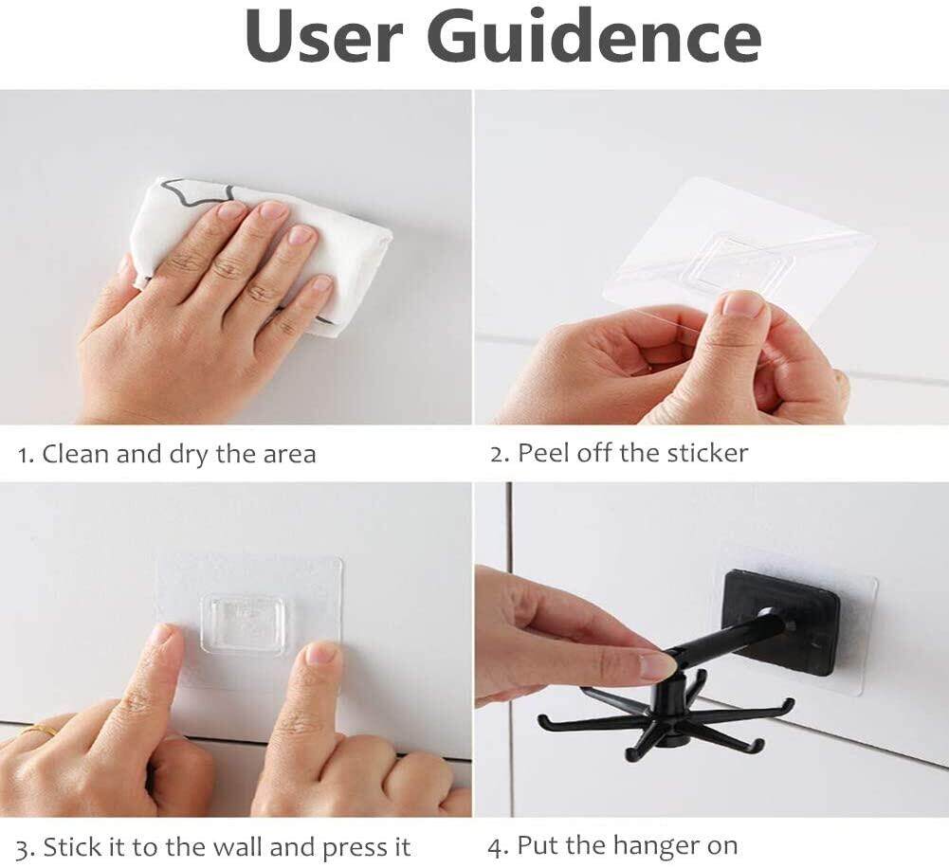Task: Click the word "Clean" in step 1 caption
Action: click(76, 454)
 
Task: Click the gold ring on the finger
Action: click(39, 730)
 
